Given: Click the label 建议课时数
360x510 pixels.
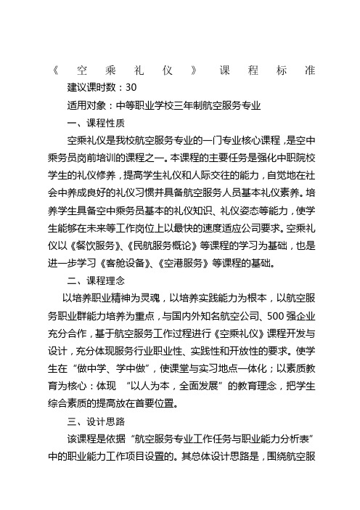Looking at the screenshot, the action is [x=91, y=89].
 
